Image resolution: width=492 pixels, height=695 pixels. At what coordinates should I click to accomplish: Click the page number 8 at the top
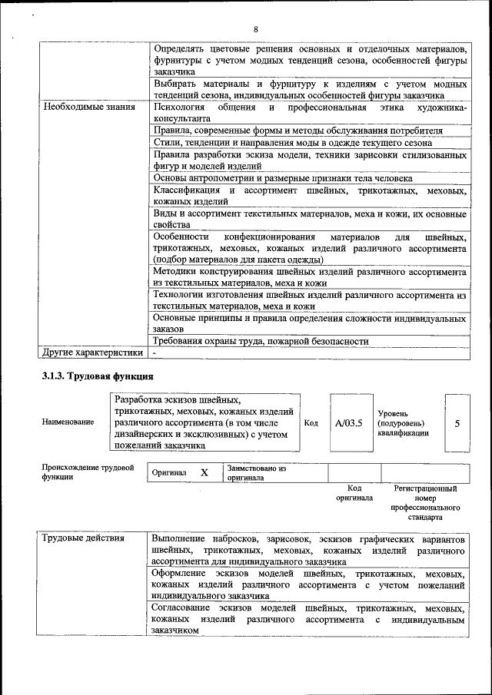click(x=256, y=29)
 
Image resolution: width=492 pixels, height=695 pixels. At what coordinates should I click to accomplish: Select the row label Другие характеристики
click(x=92, y=352)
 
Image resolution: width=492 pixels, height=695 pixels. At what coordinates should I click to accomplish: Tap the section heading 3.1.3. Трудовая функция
click(x=98, y=376)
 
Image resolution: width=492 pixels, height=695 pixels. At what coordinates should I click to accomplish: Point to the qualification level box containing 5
click(x=457, y=422)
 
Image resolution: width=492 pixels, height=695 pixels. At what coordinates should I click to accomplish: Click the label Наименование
click(x=63, y=422)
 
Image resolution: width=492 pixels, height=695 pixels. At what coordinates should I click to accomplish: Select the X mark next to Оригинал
click(x=204, y=473)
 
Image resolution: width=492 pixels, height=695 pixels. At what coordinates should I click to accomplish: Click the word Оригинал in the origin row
click(x=169, y=473)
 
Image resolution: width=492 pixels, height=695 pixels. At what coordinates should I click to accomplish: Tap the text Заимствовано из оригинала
click(x=256, y=472)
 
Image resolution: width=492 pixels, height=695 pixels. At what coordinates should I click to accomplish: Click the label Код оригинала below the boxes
click(x=354, y=492)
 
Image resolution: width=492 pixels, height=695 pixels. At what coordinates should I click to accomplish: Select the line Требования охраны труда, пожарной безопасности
click(x=261, y=341)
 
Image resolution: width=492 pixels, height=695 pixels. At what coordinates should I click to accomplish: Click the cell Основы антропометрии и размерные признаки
click(x=282, y=178)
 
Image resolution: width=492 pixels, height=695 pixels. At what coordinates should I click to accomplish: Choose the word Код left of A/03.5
click(x=311, y=422)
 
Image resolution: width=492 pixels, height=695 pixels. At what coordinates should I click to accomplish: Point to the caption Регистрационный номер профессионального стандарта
click(x=425, y=502)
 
